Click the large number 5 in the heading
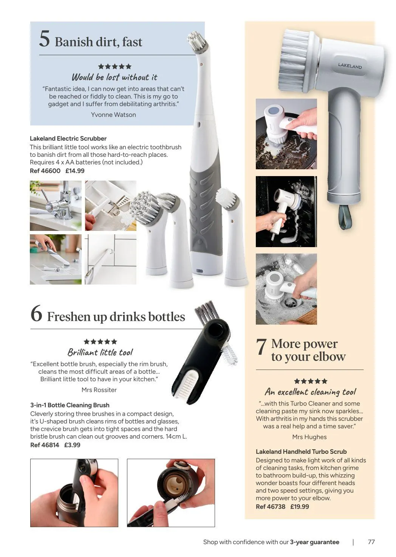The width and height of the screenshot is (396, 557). pyautogui.click(x=45, y=39)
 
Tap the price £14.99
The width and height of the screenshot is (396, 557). pyautogui.click(x=75, y=171)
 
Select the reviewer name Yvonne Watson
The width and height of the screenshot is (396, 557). pyautogui.click(x=113, y=114)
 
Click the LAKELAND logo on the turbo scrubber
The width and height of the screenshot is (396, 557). pyautogui.click(x=350, y=66)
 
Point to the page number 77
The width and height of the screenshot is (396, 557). pyautogui.click(x=371, y=542)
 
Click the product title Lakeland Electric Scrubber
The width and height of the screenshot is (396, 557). pyautogui.click(x=68, y=138)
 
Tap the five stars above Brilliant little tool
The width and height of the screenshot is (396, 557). pyautogui.click(x=100, y=342)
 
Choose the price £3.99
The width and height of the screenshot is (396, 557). pyautogui.click(x=72, y=445)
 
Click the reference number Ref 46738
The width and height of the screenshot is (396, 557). pyautogui.click(x=271, y=506)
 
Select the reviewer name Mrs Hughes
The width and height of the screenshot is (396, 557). pyautogui.click(x=309, y=437)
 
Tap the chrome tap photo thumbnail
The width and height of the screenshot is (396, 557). pyautogui.click(x=56, y=206)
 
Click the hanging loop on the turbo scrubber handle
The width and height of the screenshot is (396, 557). pyautogui.click(x=345, y=217)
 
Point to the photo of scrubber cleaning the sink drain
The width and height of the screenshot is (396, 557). pyautogui.click(x=286, y=289)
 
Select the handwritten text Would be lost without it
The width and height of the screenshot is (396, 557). pyautogui.click(x=114, y=77)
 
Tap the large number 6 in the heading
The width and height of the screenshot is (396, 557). pyautogui.click(x=36, y=314)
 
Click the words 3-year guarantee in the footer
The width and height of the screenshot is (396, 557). pyautogui.click(x=314, y=542)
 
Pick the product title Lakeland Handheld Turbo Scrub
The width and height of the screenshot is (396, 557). pyautogui.click(x=301, y=452)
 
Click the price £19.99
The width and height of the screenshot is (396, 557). pyautogui.click(x=300, y=506)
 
